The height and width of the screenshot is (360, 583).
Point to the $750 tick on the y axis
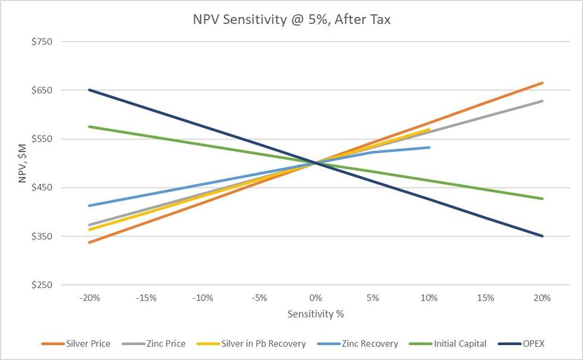click(x=41, y=42)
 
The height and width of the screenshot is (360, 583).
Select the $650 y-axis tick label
click(x=41, y=90)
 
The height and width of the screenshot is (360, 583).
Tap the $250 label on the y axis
click(x=41, y=285)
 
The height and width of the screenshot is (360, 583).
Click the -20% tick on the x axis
click(x=89, y=298)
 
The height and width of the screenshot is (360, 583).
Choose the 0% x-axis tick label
click(x=315, y=298)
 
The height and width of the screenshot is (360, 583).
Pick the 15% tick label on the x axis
click(x=485, y=298)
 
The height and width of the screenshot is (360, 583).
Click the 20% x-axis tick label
click(x=542, y=298)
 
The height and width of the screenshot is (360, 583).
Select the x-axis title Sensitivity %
click(x=315, y=314)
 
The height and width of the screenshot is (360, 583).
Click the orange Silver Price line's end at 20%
click(x=542, y=83)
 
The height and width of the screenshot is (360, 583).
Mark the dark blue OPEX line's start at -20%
click(x=89, y=90)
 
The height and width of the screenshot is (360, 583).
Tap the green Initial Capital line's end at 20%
click(x=542, y=199)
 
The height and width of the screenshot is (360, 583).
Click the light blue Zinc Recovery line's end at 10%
click(x=429, y=147)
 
